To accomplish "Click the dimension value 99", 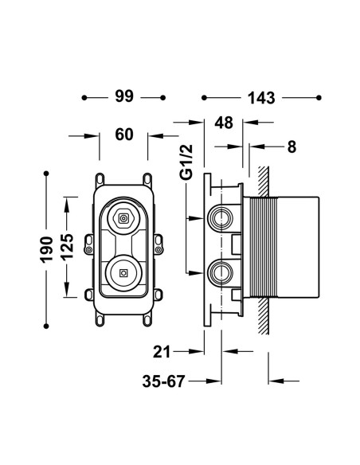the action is click(x=124, y=96).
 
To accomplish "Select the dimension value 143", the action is click(x=261, y=98).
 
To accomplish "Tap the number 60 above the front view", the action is click(x=124, y=135).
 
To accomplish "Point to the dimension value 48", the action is click(x=224, y=123).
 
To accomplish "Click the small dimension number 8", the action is click(x=292, y=147).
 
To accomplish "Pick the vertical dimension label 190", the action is click(x=46, y=249).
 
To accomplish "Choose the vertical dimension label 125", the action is click(x=66, y=247).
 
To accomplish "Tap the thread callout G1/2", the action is click(x=186, y=162).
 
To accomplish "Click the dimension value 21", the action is click(x=162, y=352).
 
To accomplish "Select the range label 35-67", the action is click(x=164, y=381).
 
